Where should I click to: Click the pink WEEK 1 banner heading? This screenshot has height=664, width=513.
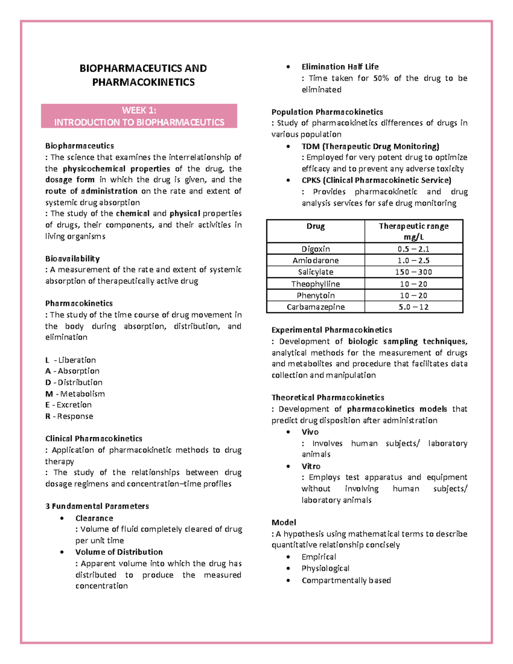[139, 116]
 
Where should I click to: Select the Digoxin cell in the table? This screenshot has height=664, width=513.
[315, 249]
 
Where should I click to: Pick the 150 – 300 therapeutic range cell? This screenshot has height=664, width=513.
[413, 272]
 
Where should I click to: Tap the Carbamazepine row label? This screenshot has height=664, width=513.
[315, 307]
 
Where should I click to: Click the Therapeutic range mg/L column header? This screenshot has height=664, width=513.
[413, 231]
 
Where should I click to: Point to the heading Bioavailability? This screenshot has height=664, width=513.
[72, 259]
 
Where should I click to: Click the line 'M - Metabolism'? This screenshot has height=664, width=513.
[75, 394]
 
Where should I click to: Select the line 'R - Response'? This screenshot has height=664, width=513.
[69, 416]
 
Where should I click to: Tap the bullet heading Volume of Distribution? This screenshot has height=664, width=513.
[119, 552]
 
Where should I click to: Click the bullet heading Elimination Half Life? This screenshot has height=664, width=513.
[340, 67]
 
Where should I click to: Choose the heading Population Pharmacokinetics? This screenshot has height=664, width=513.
[327, 112]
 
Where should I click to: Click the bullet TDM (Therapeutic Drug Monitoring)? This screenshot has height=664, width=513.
[370, 147]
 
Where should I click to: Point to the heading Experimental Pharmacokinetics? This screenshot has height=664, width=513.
[331, 330]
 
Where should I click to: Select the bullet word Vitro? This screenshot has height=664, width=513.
[311, 466]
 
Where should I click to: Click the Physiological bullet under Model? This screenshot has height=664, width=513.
[325, 568]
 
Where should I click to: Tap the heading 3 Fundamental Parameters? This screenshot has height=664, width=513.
[97, 506]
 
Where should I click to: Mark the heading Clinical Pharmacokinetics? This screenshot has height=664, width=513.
[94, 439]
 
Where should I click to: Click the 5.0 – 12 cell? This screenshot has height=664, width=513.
[413, 307]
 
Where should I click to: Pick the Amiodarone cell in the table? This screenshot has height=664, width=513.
[315, 260]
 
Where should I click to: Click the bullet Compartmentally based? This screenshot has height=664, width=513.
[346, 580]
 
